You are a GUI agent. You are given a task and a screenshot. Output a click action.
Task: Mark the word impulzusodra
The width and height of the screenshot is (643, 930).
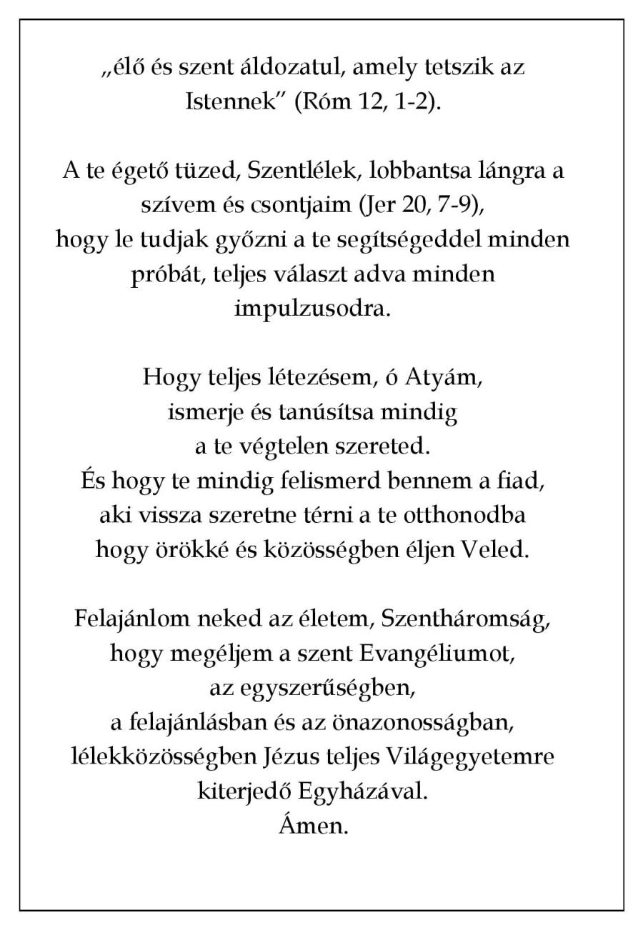(x=313, y=309)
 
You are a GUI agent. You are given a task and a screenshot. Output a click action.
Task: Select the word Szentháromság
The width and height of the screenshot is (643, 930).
(x=465, y=619)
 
